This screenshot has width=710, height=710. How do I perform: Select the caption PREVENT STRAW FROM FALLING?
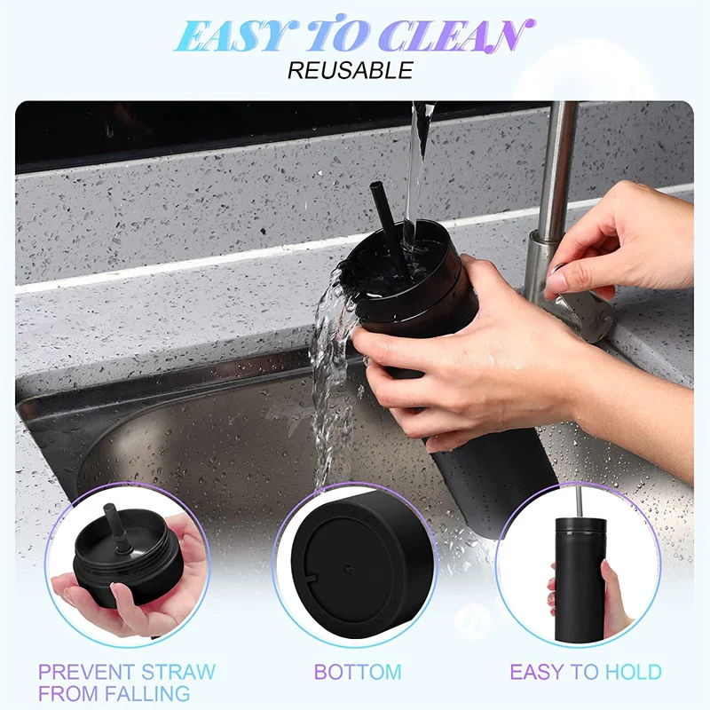(x=126, y=682)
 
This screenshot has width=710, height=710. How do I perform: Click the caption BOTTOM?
(x=358, y=672)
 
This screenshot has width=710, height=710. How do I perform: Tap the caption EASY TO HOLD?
(x=585, y=672)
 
